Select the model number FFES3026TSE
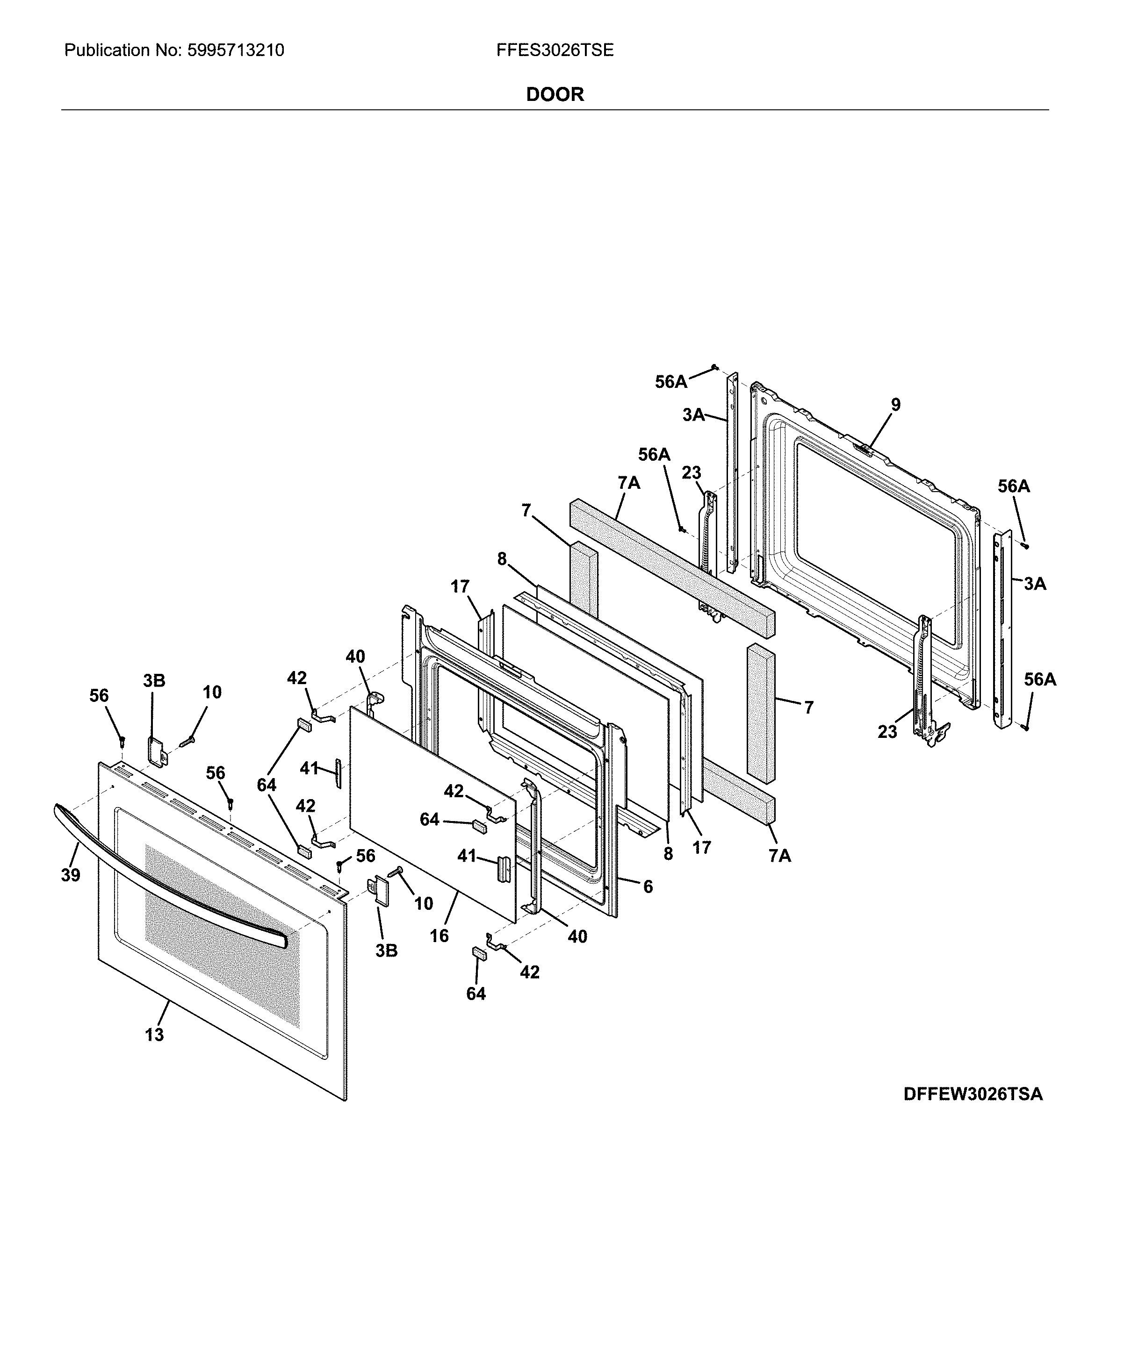555,50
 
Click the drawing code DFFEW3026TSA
973,1094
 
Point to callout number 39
71,875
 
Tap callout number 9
895,405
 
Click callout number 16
439,936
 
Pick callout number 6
648,886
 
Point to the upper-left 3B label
154,680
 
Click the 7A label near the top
629,483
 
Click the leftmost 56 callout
99,696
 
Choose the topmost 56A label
671,382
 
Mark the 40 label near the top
355,657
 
